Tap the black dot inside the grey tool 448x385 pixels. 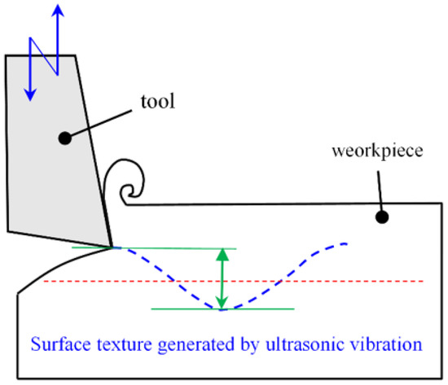pos(64,139)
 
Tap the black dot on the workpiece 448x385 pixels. pos(380,217)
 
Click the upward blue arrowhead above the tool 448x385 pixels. pos(56,9)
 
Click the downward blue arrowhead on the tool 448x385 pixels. pos(30,94)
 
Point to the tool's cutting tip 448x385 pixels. pos(112,246)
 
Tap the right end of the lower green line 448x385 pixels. pos(293,309)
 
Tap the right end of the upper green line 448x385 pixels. pos(235,248)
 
